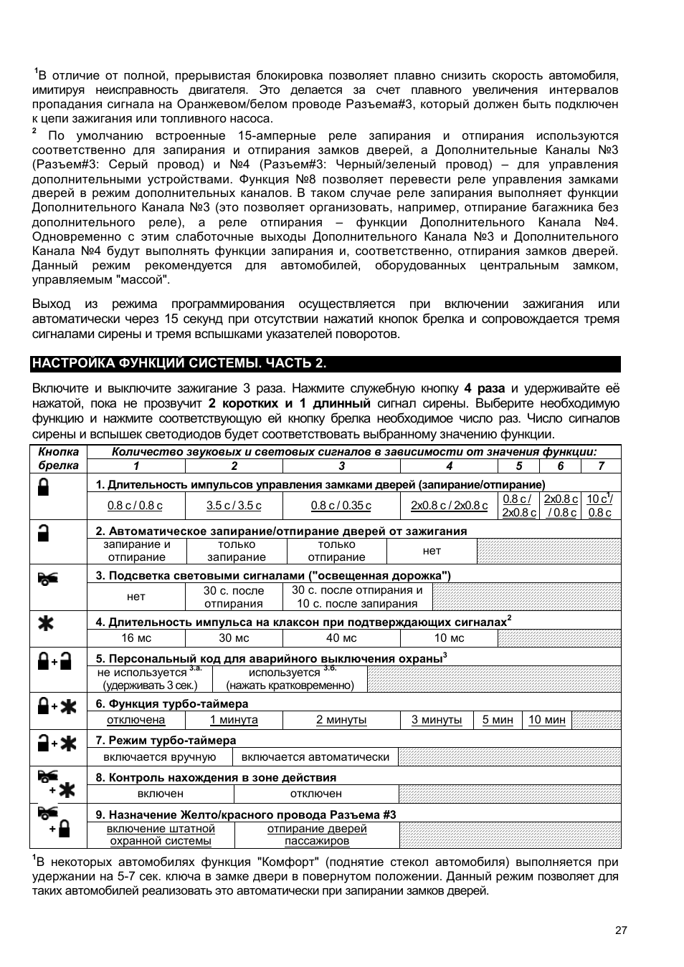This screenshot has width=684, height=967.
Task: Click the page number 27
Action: (x=621, y=930)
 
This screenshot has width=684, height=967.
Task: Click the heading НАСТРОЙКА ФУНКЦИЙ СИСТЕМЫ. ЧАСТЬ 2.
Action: (x=179, y=363)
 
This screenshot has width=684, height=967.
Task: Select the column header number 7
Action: (x=601, y=466)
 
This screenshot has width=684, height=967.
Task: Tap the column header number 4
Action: (x=449, y=466)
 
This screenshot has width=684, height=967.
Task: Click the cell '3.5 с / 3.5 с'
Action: (x=234, y=505)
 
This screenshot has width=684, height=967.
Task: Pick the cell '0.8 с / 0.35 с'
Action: (x=341, y=505)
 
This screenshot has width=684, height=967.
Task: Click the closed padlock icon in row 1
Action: (x=44, y=489)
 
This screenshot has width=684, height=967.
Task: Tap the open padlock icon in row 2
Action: (x=44, y=533)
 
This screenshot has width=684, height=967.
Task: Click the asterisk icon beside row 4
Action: (x=45, y=622)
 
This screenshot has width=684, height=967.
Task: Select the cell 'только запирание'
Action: (x=237, y=550)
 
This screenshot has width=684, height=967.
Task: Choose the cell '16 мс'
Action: (x=136, y=638)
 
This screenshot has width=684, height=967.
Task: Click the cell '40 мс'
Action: (x=341, y=638)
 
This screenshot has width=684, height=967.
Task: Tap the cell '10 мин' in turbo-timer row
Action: (x=546, y=719)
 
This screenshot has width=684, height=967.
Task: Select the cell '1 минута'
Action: (x=234, y=719)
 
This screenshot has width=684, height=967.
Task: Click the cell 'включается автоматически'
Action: (x=315, y=756)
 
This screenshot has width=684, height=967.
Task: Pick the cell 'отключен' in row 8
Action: (x=315, y=794)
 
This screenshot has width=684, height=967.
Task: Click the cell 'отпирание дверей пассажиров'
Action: (x=317, y=834)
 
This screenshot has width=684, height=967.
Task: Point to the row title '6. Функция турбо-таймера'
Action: (x=172, y=703)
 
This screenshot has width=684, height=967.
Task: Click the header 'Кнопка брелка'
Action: (x=58, y=458)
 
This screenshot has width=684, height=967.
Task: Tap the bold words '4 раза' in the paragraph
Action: (x=484, y=388)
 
